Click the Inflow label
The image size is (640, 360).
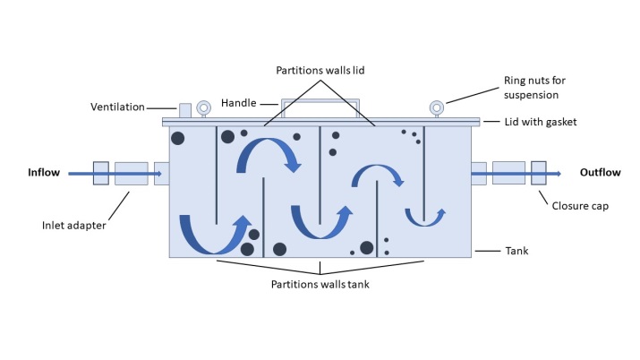44,173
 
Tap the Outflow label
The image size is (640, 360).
597,173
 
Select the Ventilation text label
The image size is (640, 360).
116,107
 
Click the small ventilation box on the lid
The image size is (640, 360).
185,110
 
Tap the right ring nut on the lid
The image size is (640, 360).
436,108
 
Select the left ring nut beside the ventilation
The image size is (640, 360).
204,108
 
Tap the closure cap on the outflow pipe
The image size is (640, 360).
538,173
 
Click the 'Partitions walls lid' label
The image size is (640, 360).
320,70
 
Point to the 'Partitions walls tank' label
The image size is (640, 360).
320,285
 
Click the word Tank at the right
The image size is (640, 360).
517,252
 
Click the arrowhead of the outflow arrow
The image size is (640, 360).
560,173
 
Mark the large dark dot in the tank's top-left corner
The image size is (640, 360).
178,138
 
